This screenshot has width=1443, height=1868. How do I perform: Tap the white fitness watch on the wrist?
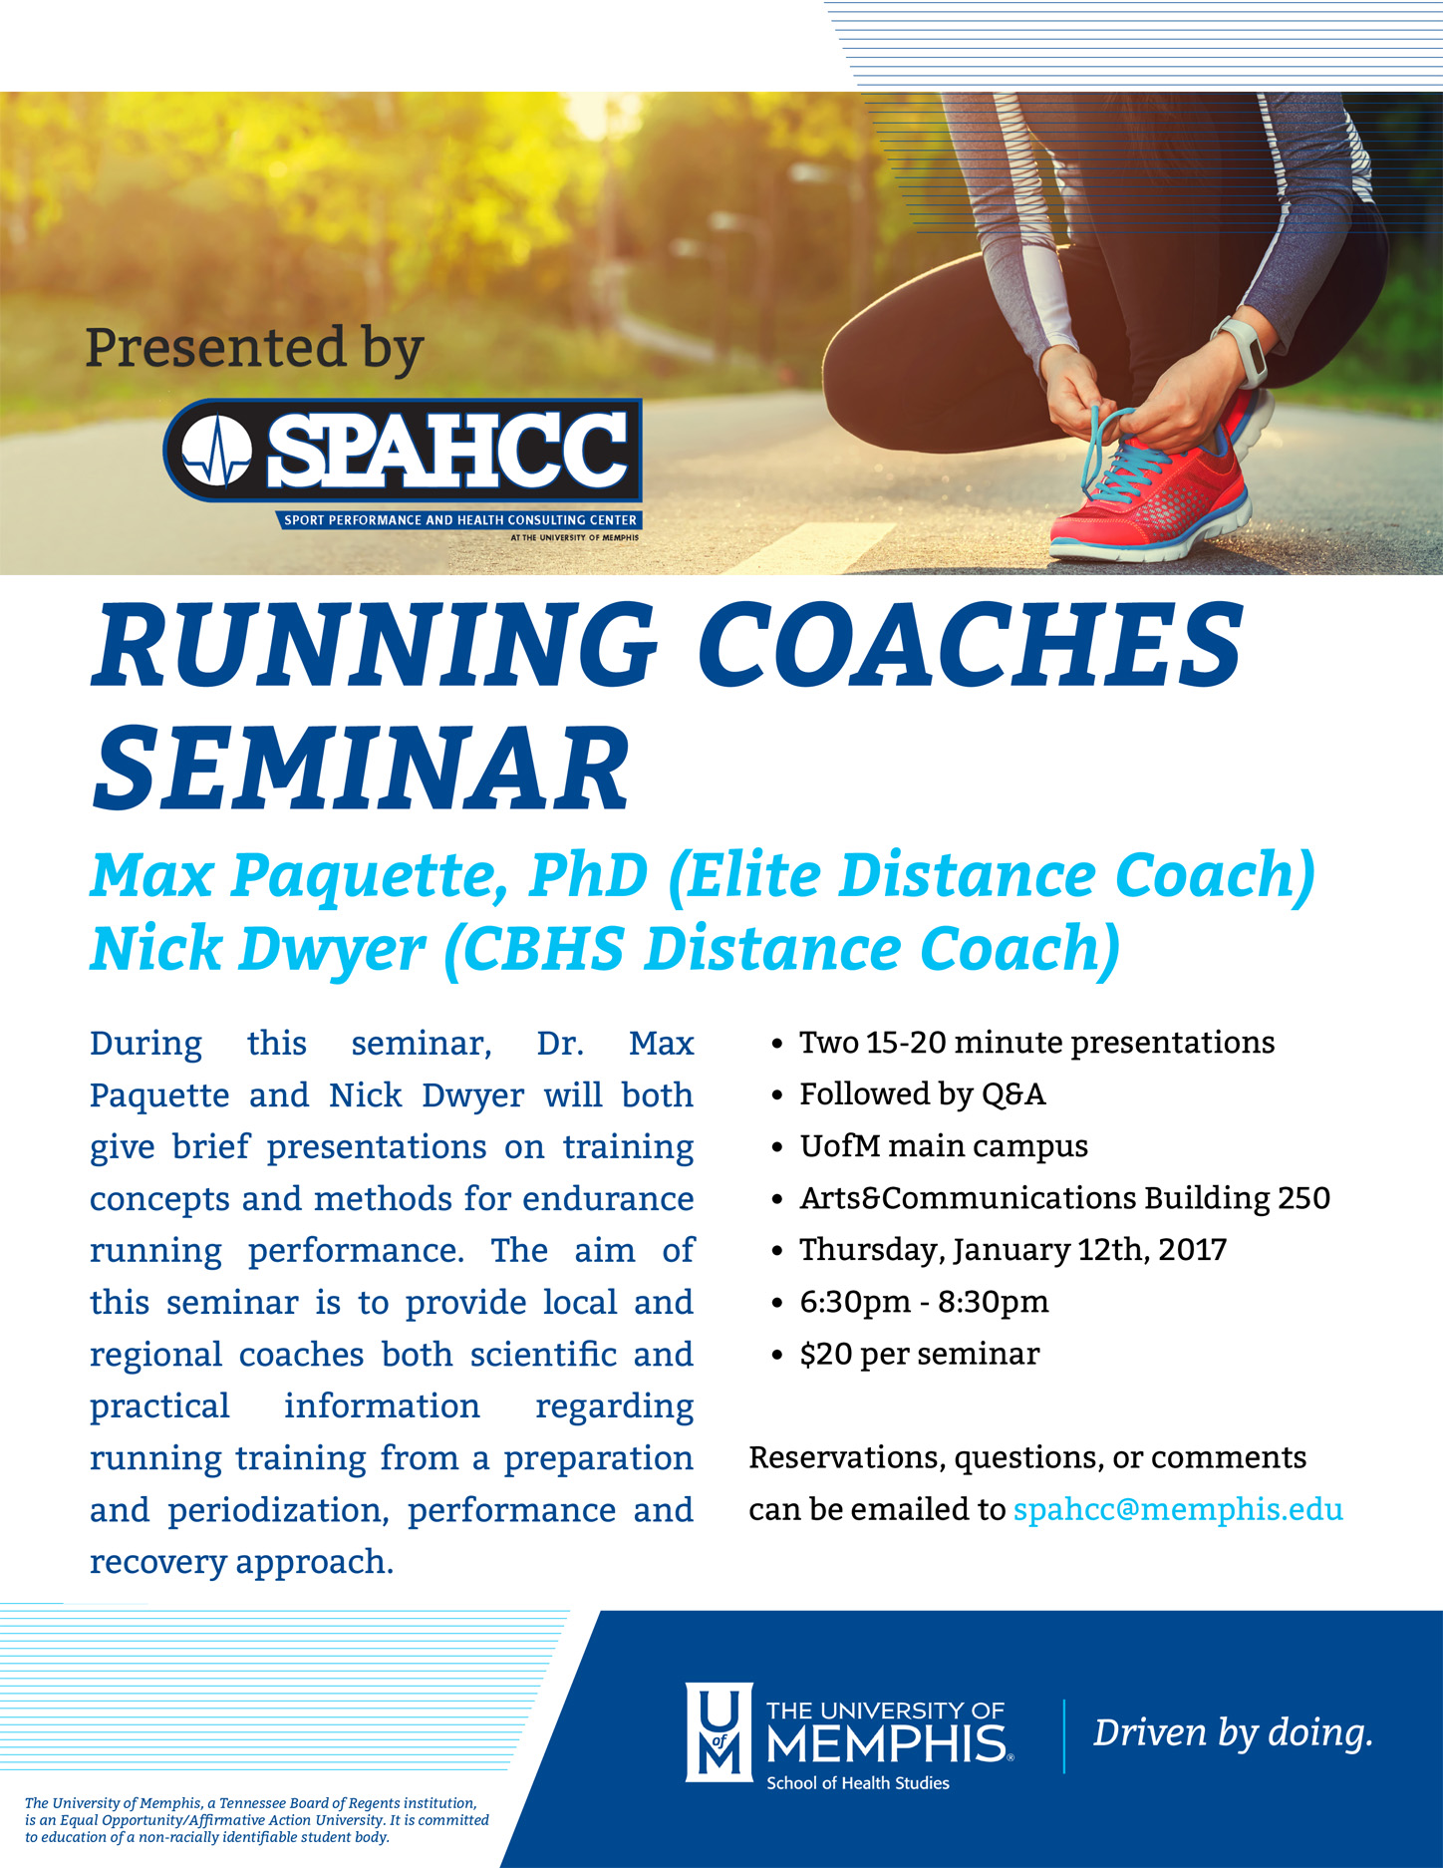coord(1241,351)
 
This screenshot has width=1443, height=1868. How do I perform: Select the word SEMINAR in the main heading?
coord(361,768)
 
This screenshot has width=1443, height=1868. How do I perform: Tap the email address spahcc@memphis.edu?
coord(1178,1509)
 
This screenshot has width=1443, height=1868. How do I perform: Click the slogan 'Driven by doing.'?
coord(1234,1732)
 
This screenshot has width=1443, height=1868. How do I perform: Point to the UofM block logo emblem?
coord(719,1732)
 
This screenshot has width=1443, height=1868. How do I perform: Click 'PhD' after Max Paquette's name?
coord(589,874)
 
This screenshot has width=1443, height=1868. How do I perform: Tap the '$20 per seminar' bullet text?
coord(919,1354)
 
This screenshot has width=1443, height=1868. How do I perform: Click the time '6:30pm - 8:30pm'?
coord(924,1302)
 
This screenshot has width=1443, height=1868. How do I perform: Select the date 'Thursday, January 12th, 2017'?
coord(1012,1250)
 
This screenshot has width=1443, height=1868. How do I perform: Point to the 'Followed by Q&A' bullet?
coord(922,1094)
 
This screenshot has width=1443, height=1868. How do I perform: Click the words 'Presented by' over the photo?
coord(255,349)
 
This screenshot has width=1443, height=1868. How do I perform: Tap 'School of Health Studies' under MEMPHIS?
coord(857,1782)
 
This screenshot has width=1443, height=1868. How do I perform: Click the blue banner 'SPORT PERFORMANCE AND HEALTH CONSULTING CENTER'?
coord(460,520)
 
